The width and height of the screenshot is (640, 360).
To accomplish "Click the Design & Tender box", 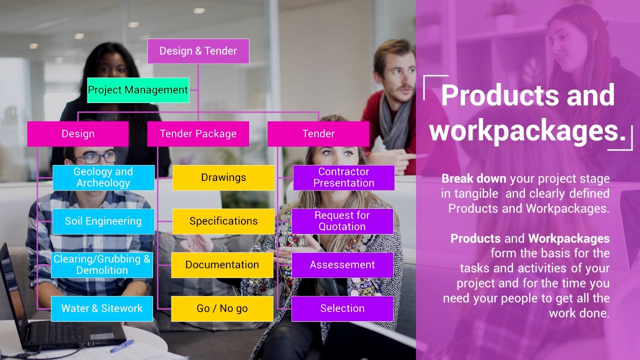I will (x=198, y=51).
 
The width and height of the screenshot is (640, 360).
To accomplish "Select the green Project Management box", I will (x=138, y=90).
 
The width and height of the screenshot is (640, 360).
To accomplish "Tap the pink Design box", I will (x=78, y=134).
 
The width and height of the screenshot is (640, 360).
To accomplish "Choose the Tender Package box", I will (x=198, y=134).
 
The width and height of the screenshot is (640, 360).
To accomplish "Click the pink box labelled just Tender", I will (x=318, y=134).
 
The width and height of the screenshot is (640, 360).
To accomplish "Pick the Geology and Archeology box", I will (x=103, y=177).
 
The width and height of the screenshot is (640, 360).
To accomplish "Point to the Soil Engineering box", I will (x=103, y=221).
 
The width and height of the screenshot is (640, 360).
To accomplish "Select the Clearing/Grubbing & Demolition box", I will (x=102, y=264).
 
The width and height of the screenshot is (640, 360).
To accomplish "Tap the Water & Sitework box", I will (x=102, y=308).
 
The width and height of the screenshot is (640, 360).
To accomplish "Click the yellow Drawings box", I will (x=223, y=177).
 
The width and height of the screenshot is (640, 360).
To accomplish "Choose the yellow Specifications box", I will (x=223, y=221).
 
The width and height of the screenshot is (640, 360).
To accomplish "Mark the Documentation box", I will (x=222, y=264).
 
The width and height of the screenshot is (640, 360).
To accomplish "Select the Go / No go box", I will (x=222, y=308).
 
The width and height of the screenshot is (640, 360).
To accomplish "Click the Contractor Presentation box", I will (x=344, y=177).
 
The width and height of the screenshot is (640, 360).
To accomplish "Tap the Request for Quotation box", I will (x=342, y=221).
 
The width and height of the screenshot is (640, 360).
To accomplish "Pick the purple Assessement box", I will (x=342, y=264).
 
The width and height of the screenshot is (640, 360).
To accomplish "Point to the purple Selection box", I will (x=342, y=308).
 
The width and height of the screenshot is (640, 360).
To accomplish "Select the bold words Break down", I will (x=474, y=178).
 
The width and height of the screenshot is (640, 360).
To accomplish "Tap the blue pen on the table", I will (x=122, y=345).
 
